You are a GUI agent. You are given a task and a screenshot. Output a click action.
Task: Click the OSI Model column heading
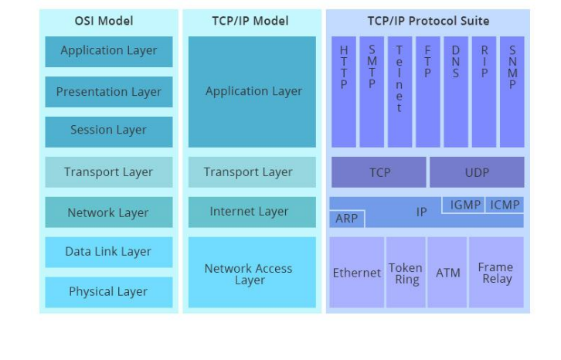pyautogui.click(x=108, y=21)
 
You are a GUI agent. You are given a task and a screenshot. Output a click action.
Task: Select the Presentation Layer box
pyautogui.click(x=108, y=92)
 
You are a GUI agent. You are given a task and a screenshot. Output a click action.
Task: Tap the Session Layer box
pyautogui.click(x=108, y=131)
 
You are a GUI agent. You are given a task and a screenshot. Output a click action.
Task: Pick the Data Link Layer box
pyautogui.click(x=108, y=252)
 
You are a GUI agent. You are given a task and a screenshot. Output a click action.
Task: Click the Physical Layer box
pyautogui.click(x=108, y=292)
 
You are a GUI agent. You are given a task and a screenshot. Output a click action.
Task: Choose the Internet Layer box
pyautogui.click(x=249, y=212)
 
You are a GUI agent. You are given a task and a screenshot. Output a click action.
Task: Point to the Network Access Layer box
pyautogui.click(x=249, y=273)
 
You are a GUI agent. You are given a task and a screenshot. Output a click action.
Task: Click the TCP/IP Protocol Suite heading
pyautogui.click(x=427, y=21)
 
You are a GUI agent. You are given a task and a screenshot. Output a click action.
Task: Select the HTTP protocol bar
pyautogui.click(x=344, y=91)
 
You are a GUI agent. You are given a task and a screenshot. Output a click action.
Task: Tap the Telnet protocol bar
pyautogui.click(x=399, y=91)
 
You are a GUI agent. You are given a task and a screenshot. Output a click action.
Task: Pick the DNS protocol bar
pyautogui.click(x=456, y=91)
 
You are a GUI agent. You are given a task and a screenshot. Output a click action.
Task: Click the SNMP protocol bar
pyautogui.click(x=512, y=91)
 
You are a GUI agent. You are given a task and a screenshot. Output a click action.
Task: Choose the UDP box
pyautogui.click(x=477, y=172)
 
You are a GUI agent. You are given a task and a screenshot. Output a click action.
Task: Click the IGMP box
pyautogui.click(x=465, y=205)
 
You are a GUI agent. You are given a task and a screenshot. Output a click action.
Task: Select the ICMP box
pyautogui.click(x=505, y=205)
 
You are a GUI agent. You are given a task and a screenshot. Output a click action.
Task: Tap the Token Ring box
pyautogui.click(x=406, y=273)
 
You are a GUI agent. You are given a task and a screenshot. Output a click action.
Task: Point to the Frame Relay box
pyautogui.click(x=495, y=273)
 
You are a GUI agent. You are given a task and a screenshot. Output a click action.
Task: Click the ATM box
pyautogui.click(x=448, y=273)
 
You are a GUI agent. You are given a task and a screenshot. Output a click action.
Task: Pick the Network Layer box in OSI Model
pyautogui.click(x=108, y=212)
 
